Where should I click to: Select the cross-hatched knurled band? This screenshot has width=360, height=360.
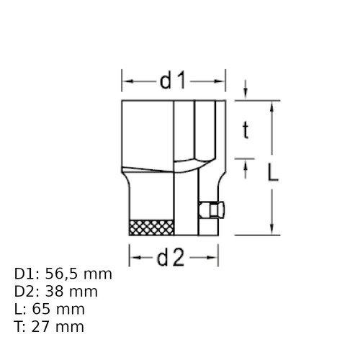(x=150, y=228)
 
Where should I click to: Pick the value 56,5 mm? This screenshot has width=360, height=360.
(x=78, y=274)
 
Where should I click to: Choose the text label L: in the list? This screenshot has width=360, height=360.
(x=20, y=309)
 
